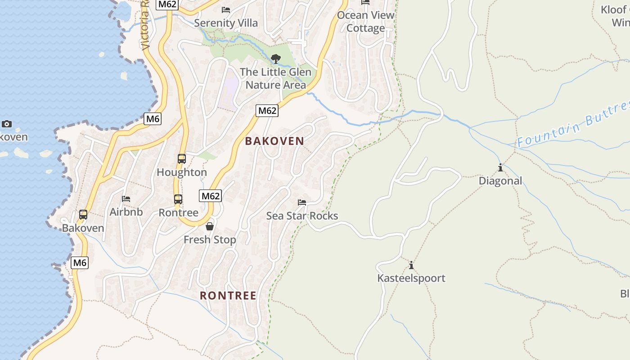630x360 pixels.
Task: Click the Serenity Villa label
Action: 226,23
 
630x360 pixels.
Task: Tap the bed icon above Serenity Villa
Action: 226,9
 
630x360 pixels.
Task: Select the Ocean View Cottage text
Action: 365,21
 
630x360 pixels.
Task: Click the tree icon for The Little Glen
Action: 275,58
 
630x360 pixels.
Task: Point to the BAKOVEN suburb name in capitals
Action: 274,141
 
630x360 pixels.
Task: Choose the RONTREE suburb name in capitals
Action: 228,296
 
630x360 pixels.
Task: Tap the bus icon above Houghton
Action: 182,158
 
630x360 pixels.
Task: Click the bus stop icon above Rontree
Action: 178,199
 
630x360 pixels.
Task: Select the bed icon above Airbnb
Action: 126,198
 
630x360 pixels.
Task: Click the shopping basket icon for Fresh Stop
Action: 209,226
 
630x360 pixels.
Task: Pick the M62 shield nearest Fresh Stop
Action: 210,196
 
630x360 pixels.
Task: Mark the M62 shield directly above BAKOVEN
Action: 267,111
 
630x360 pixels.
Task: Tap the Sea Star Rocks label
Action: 302,216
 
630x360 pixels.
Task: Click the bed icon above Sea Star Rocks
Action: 302,202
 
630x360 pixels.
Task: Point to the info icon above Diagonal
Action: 500,167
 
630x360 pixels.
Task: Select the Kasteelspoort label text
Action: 411,278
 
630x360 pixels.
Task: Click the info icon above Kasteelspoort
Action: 411,265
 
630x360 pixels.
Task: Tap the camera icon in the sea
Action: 7,124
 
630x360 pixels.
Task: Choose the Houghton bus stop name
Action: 182,172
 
